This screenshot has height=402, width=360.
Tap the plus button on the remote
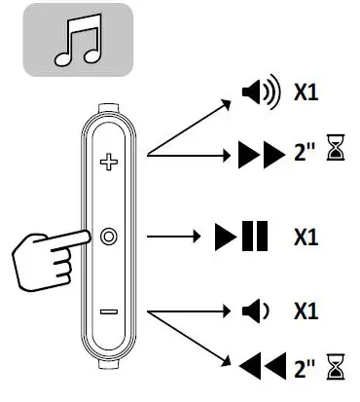tap(108, 161)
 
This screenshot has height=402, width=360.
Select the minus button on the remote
tap(108, 312)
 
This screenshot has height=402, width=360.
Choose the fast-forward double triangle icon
tap(258, 153)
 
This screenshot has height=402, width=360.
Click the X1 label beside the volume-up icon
tap(307, 95)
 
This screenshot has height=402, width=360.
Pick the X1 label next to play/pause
tap(307, 237)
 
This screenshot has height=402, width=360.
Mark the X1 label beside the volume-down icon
tap(307, 312)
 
